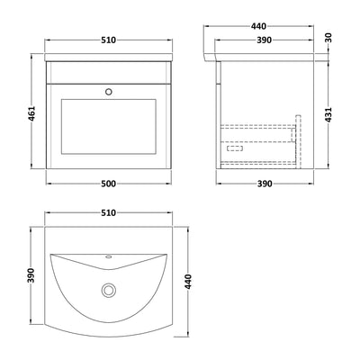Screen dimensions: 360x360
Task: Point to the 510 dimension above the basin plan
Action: tap(111, 217)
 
